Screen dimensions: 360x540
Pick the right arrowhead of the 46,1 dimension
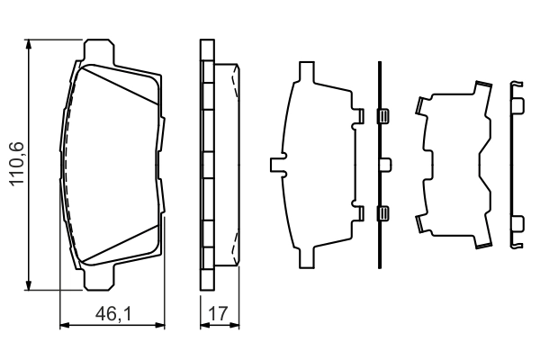pyautogui.click(x=164, y=326)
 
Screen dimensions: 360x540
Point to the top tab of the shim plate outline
pyautogui.click(x=305, y=72)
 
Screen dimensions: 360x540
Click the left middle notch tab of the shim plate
pyautogui.click(x=276, y=165)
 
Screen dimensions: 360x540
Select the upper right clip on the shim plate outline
pyautogui.click(x=357, y=116)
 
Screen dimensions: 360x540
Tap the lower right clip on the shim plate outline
pyautogui.click(x=357, y=213)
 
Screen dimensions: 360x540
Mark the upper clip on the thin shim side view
pyautogui.click(x=382, y=116)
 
